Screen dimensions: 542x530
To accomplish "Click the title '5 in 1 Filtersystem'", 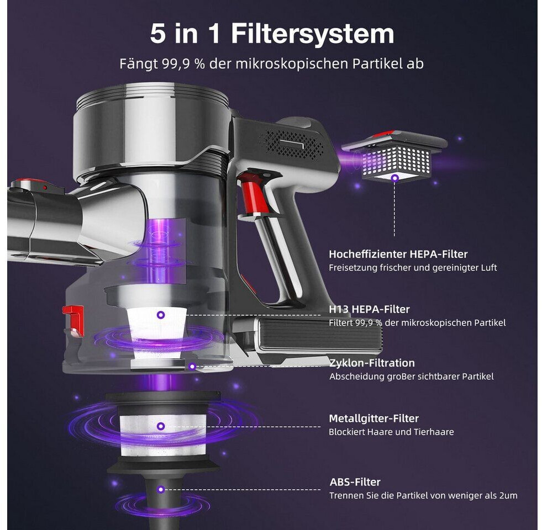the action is click(x=272, y=34).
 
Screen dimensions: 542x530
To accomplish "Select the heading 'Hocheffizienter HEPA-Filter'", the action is click(x=398, y=255).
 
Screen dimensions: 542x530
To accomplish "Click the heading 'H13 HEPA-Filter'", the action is click(x=369, y=309).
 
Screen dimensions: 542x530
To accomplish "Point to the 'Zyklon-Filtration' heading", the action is click(x=372, y=363).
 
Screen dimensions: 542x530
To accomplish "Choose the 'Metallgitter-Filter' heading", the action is click(x=373, y=418).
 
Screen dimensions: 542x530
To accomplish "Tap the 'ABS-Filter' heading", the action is click(x=355, y=482).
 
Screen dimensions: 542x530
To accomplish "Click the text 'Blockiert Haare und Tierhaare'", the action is click(x=391, y=432).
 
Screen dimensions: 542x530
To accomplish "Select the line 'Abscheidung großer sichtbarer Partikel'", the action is click(x=412, y=377).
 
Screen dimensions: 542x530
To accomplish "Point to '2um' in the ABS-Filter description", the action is click(x=508, y=495).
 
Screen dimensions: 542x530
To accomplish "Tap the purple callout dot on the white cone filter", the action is click(x=160, y=315).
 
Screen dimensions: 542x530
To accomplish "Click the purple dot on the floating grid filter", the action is click(x=394, y=178).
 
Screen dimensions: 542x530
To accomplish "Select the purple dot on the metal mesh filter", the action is click(x=160, y=426).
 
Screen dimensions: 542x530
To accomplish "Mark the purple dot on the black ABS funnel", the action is click(x=160, y=489).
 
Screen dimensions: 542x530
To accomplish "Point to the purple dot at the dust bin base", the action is click(x=192, y=366).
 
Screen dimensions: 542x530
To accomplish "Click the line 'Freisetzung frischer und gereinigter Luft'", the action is click(x=413, y=268).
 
